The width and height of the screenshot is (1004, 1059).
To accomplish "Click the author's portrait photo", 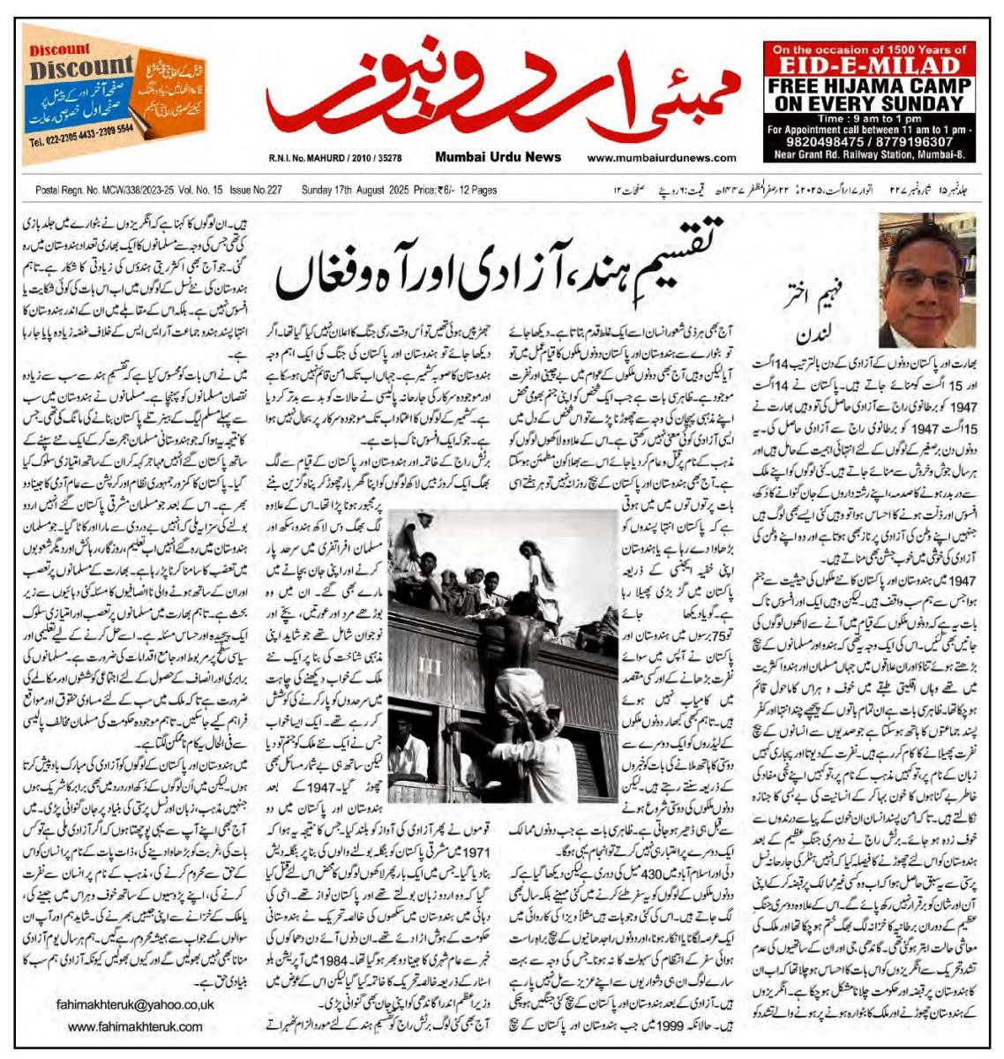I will [925, 281].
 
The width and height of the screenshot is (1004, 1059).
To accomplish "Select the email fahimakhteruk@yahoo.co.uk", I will [134, 1004].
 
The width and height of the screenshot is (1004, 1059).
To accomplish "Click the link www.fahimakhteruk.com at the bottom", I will [134, 1026].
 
